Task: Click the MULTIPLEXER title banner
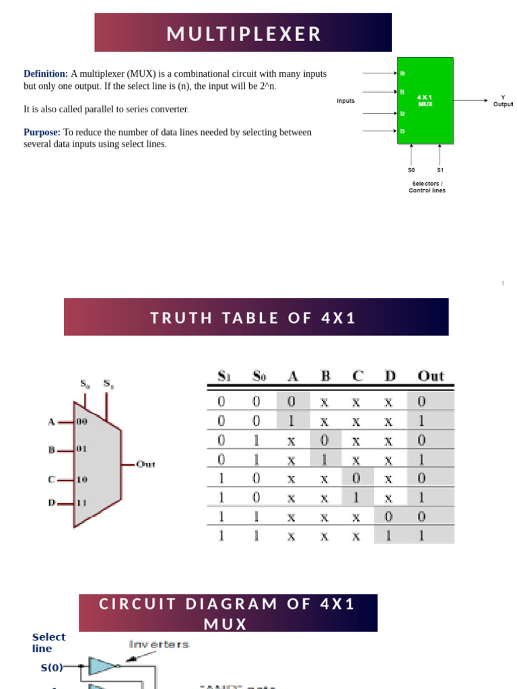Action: [x=243, y=33]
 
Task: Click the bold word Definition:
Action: [x=46, y=74]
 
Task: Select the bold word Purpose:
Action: [x=42, y=133]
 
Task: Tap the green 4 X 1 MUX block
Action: [x=425, y=100]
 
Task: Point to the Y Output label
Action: [x=502, y=101]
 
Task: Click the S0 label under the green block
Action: [x=411, y=170]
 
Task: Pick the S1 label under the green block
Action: [x=440, y=170]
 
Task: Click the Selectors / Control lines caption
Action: [x=427, y=186]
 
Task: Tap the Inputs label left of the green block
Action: [x=346, y=101]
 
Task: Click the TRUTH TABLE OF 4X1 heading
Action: [x=256, y=318]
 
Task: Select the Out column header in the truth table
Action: [x=431, y=375]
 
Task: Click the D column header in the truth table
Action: [x=390, y=375]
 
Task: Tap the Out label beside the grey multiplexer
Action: [x=145, y=464]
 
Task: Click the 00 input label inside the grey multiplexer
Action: [x=81, y=422]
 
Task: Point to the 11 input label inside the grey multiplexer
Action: [x=81, y=502]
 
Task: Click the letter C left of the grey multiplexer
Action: [x=51, y=480]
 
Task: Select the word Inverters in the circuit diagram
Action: [x=159, y=645]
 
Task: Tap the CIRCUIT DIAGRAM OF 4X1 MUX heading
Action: [x=228, y=613]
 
